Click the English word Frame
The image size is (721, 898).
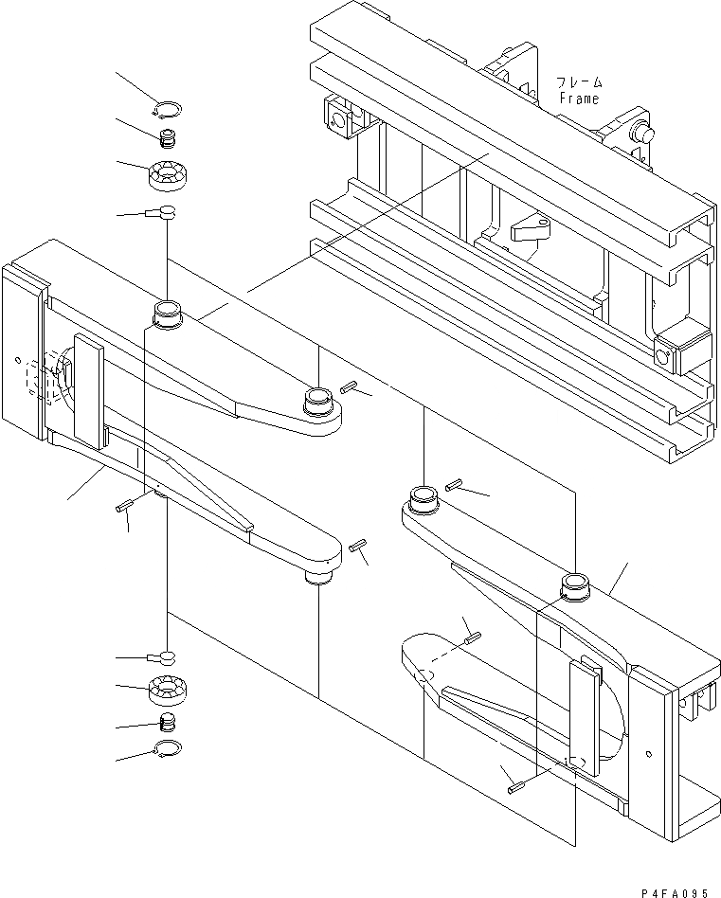[x=579, y=98]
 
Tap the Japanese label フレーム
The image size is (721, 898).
[x=579, y=83]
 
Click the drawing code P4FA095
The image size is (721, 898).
[x=675, y=890]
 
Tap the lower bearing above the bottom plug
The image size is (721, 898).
[x=170, y=691]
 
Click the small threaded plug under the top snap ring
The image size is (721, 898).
[x=169, y=140]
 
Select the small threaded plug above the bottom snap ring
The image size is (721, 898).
[x=169, y=723]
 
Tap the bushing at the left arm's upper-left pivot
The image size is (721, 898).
[x=168, y=311]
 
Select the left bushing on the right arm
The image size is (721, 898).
[x=423, y=496]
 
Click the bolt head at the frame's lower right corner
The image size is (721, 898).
[x=665, y=356]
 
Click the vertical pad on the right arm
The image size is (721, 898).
[x=584, y=716]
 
